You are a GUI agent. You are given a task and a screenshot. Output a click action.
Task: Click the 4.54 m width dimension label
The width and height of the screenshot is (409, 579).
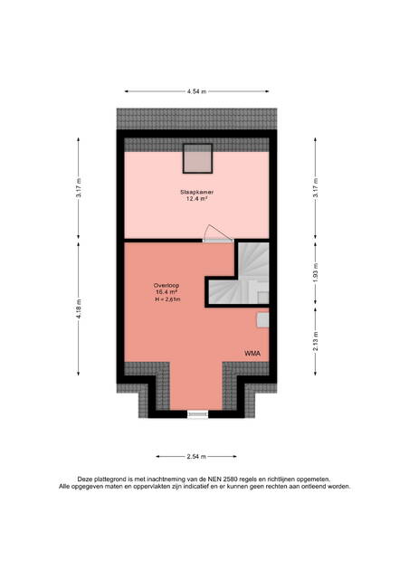pyautogui.click(x=196, y=91)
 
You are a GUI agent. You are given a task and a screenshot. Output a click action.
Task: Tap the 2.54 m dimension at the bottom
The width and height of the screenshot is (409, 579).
pyautogui.click(x=196, y=456)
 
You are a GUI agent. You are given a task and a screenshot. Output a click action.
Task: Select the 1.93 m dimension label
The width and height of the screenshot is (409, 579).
pyautogui.click(x=315, y=273)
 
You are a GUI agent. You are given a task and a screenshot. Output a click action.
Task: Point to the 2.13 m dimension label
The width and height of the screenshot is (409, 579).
pyautogui.click(x=315, y=342)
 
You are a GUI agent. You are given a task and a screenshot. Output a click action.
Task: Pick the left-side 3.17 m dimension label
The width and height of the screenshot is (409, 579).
pyautogui.click(x=79, y=188)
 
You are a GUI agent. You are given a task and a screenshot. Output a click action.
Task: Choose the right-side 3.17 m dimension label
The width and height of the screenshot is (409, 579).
pyautogui.click(x=315, y=188)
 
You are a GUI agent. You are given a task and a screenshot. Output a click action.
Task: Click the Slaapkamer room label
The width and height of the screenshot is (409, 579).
pyautogui.click(x=197, y=193)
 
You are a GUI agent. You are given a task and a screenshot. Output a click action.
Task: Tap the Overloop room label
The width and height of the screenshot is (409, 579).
pyautogui.click(x=166, y=286)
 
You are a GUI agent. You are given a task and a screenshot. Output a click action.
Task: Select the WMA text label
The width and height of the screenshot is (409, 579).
pyautogui.click(x=252, y=354)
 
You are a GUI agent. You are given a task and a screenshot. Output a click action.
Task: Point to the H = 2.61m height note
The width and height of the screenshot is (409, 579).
pyautogui.click(x=168, y=299)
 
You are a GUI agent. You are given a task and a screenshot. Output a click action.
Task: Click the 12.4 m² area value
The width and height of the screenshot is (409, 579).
pyautogui.click(x=196, y=199)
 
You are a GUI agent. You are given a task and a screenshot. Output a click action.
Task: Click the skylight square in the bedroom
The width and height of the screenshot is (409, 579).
pyautogui.click(x=197, y=158)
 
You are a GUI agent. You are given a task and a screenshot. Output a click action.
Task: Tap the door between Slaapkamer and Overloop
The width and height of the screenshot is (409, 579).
pyautogui.click(x=218, y=234)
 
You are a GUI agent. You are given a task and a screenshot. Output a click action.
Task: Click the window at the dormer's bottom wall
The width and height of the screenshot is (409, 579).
pyautogui.click(x=198, y=414)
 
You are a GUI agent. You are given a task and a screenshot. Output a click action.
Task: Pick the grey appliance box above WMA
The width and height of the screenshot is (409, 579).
pyautogui.click(x=262, y=319)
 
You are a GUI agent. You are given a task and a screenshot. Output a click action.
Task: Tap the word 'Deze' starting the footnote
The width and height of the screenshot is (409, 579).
pyautogui.click(x=84, y=479)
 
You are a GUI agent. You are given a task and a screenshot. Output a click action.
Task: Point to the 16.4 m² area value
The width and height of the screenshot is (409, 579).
pyautogui.click(x=166, y=292)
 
